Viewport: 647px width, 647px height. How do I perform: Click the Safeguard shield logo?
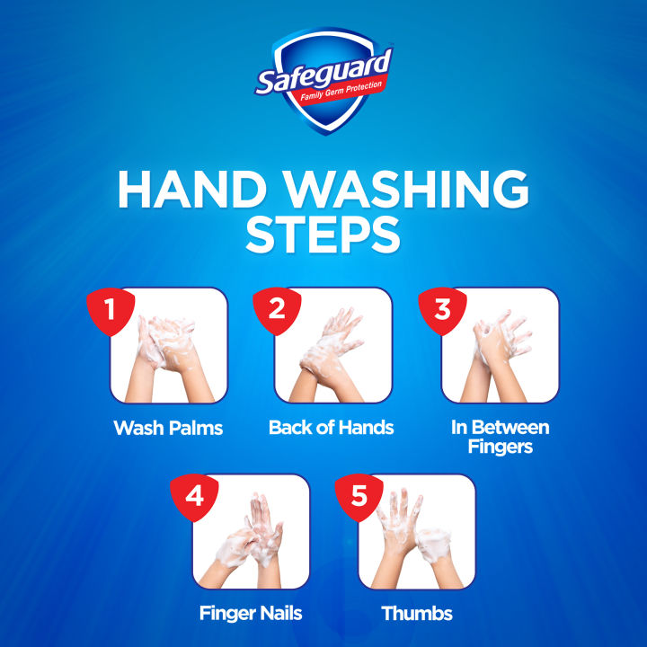click(323, 79)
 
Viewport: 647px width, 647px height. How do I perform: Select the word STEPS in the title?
click(323, 235)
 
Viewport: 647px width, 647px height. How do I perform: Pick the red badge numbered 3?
click(441, 311)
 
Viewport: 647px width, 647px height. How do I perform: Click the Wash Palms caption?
click(168, 428)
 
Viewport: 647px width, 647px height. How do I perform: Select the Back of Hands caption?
click(331, 428)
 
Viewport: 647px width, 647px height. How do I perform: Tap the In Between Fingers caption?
click(500, 436)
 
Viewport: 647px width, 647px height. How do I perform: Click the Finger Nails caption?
click(250, 615)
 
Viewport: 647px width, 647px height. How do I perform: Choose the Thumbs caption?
click(416, 615)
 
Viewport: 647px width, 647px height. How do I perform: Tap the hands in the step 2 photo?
click(332, 350)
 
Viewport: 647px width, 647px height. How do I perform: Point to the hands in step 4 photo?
click(253, 535)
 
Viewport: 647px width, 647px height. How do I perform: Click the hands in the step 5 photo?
click(418, 535)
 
